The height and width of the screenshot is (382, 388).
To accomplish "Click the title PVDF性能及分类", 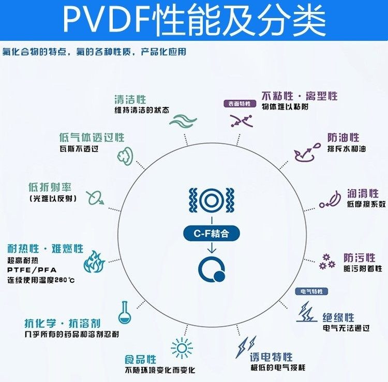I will coord(194,19).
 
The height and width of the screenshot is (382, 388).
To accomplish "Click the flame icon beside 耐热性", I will coord(95,263).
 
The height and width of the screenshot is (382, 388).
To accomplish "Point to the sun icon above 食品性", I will coord(182,347).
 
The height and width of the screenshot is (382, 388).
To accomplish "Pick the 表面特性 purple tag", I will coord(239,103).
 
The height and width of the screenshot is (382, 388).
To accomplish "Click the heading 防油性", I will coord(343,137).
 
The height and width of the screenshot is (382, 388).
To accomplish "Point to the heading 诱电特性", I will coord(271,357).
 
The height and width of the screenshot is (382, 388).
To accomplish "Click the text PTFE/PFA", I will coord(32,270).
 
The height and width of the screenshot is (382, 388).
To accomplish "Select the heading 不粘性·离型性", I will coord(300,96).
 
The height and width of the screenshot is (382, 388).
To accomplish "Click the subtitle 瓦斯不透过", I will coord(79,149).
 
